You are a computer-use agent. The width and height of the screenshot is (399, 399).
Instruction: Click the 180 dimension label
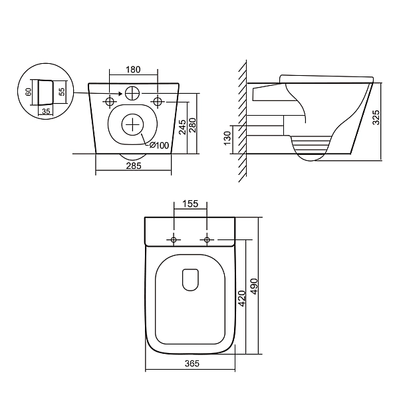click(x=133, y=69)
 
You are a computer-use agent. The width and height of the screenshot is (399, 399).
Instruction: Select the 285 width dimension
click(x=134, y=166)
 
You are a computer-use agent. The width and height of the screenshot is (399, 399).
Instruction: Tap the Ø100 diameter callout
click(x=159, y=145)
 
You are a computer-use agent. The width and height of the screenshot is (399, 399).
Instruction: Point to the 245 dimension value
click(x=183, y=126)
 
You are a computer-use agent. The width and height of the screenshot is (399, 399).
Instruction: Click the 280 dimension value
click(x=193, y=125)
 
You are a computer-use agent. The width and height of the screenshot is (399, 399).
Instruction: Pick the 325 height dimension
click(x=376, y=117)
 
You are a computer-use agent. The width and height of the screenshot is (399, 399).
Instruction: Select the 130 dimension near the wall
click(x=227, y=138)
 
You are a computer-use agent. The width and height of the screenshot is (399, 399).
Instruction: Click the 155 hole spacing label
click(x=190, y=204)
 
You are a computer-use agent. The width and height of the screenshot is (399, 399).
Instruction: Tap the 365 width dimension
click(x=192, y=364)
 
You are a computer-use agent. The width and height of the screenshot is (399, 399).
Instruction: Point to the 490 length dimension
click(x=254, y=287)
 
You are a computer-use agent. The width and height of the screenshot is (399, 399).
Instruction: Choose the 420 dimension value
click(x=242, y=299)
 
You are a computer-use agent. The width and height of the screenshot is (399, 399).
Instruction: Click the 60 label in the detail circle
click(x=29, y=92)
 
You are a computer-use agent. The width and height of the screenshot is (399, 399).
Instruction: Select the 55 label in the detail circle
click(x=62, y=92)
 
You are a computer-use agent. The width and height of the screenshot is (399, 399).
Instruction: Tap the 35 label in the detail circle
click(x=46, y=111)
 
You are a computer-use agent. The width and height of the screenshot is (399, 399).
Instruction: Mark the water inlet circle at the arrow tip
click(x=132, y=93)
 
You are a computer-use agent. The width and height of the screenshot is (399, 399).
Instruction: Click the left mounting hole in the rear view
click(x=110, y=102)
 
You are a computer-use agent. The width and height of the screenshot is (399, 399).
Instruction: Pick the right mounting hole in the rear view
click(x=158, y=102)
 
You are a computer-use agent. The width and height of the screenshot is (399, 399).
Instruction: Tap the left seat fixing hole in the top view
click(x=174, y=239)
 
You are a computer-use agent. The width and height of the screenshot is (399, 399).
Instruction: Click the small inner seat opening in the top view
click(x=190, y=280)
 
